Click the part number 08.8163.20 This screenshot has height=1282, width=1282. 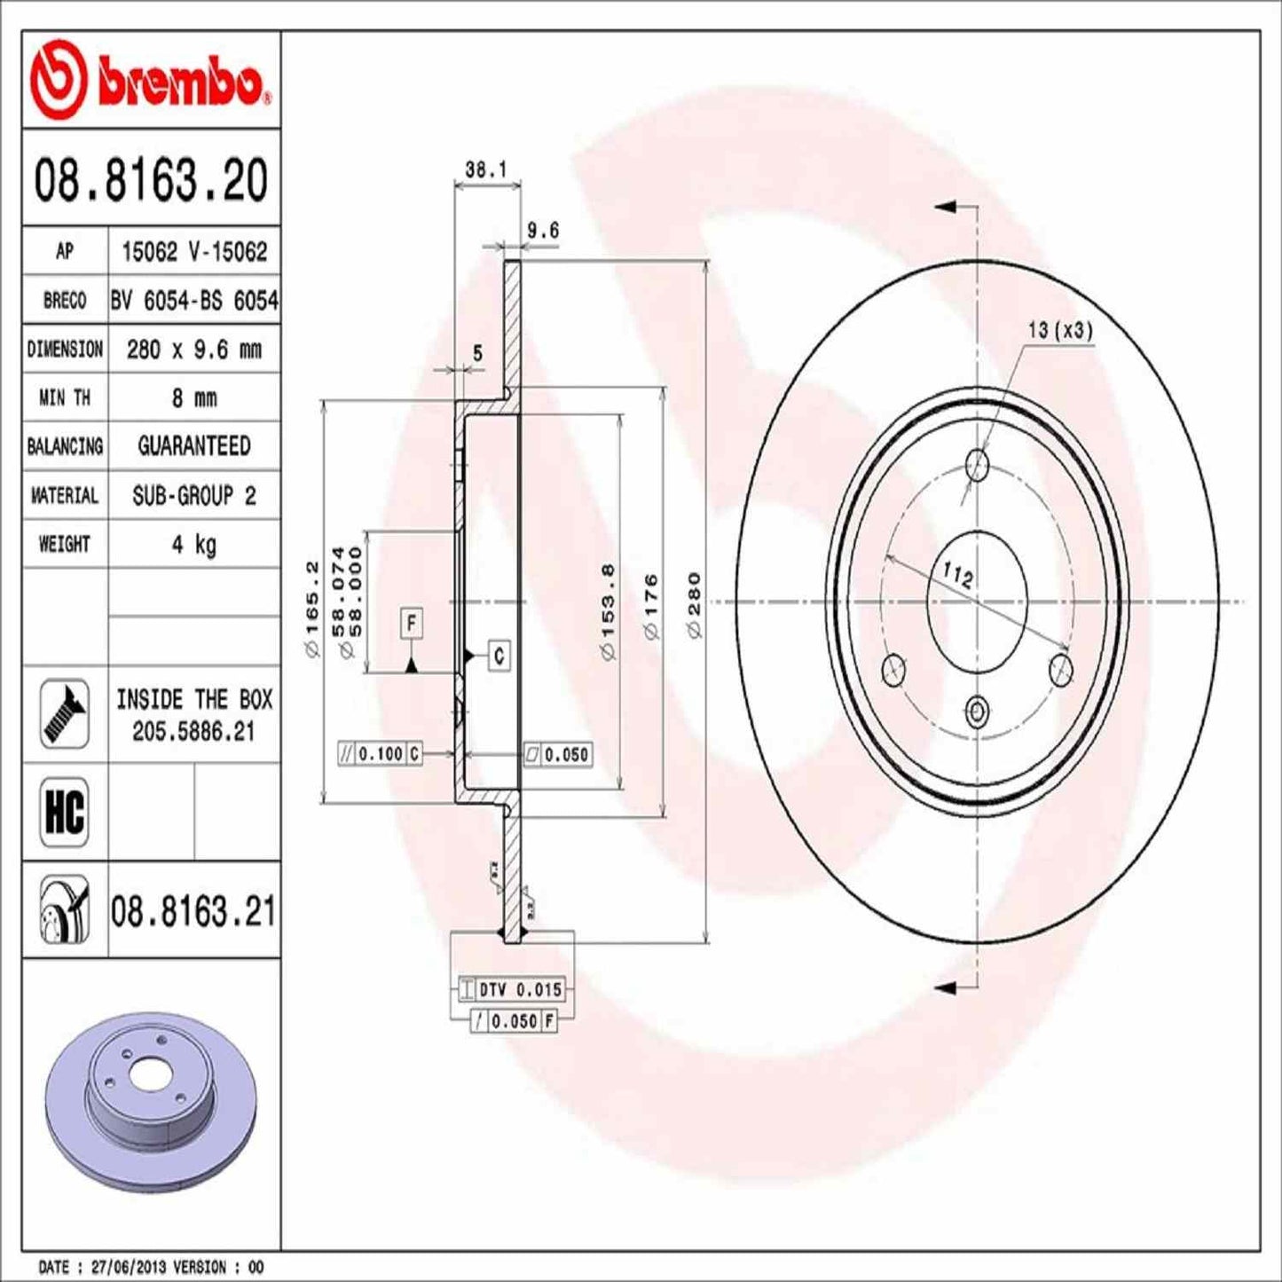tap(151, 180)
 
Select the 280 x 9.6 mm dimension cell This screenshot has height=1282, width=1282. tap(193, 350)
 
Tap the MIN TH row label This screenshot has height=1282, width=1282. tap(65, 398)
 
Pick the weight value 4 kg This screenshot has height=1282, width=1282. tap(193, 544)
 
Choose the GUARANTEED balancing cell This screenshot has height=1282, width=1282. tap(193, 446)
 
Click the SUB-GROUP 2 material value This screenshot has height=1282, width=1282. tap(193, 495)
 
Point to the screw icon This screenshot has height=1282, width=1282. tap(65, 713)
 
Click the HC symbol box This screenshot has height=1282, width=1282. tap(65, 811)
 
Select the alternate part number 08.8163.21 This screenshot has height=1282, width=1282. tap(193, 911)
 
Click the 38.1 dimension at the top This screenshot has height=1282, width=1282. tap(485, 169)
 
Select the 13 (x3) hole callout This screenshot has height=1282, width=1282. tap(1060, 330)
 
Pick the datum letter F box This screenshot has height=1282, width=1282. tap(411, 623)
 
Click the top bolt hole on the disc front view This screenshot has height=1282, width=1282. tap(977, 463)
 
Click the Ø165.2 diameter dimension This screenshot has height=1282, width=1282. tap(311, 609)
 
